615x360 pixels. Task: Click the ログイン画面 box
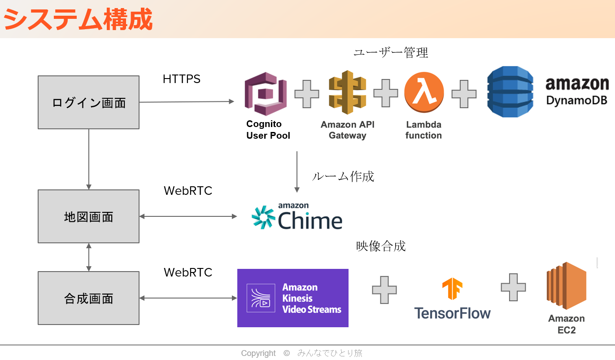pos(88,102)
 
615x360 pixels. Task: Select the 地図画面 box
pos(88,216)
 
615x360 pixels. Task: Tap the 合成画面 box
pos(88,298)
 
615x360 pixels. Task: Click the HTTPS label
pos(182,79)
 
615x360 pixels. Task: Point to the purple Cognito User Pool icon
pos(266,94)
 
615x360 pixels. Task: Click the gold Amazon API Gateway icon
pos(347,92)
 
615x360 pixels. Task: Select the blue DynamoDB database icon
pos(510,92)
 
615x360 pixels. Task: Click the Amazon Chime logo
pos(297,216)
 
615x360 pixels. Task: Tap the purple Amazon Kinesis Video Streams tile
pos(292,298)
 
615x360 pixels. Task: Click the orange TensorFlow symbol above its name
pos(452,288)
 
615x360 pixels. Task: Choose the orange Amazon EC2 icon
pos(567,286)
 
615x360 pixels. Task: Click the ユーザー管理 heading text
pos(391,53)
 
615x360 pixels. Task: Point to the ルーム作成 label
pos(343,176)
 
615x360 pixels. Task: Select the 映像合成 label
pos(381,246)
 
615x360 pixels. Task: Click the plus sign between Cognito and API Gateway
pos(307,94)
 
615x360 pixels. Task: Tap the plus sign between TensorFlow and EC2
pos(513,287)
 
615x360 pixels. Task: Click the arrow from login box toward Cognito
pos(187,102)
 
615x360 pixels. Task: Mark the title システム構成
pos(78,19)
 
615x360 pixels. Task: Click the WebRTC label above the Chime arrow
pos(188,191)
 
